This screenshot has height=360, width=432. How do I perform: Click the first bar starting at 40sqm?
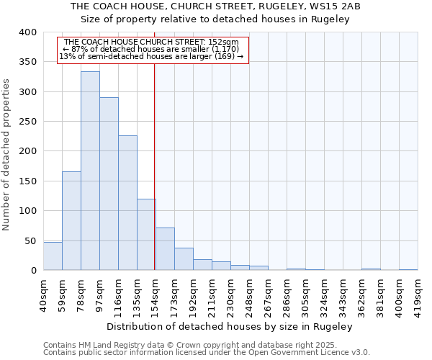[53, 256]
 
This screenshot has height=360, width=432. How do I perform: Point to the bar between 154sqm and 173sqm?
[165, 249]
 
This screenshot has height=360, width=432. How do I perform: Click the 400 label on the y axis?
[27, 32]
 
